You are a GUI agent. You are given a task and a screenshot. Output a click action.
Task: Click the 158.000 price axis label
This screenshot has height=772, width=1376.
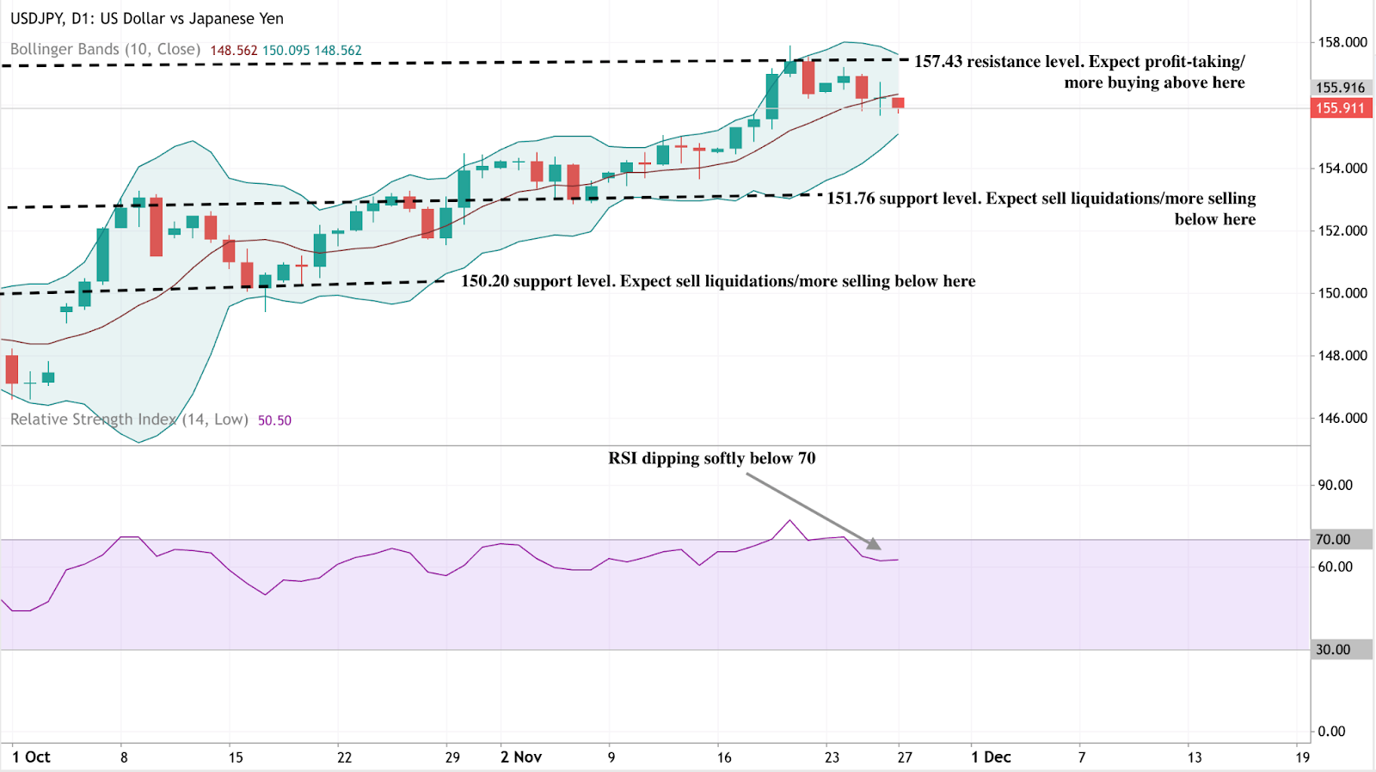pyautogui.click(x=1342, y=42)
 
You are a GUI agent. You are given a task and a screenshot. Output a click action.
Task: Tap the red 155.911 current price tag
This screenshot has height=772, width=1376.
pyautogui.click(x=1340, y=108)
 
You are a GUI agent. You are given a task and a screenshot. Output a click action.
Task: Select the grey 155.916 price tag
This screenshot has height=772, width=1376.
pyautogui.click(x=1340, y=88)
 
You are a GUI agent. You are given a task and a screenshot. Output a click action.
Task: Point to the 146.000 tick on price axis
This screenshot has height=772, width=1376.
pyautogui.click(x=1342, y=418)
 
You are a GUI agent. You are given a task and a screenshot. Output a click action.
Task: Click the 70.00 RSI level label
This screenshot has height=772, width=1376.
pyautogui.click(x=1332, y=540)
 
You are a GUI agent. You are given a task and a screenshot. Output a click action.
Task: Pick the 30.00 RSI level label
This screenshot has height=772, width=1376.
pyautogui.click(x=1332, y=650)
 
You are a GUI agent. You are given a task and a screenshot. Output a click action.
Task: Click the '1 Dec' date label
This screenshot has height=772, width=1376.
pyautogui.click(x=991, y=757)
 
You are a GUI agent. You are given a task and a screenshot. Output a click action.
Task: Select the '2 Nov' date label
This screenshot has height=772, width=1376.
pyautogui.click(x=521, y=757)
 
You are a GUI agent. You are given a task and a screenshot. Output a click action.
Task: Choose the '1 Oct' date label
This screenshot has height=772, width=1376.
pyautogui.click(x=31, y=757)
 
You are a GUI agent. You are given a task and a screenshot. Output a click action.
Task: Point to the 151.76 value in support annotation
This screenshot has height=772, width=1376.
pyautogui.click(x=851, y=199)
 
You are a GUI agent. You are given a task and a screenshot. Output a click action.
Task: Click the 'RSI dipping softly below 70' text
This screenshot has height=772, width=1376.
pyautogui.click(x=711, y=458)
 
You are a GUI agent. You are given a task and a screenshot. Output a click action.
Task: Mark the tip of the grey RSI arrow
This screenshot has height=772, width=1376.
pyautogui.click(x=879, y=548)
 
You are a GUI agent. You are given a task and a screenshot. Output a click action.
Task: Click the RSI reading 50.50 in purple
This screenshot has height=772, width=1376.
pyautogui.click(x=274, y=420)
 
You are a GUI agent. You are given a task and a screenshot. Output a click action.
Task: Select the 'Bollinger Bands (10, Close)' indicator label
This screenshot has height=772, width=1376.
pyautogui.click(x=105, y=50)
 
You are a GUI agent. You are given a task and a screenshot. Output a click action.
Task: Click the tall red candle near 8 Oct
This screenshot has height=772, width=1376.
pyautogui.click(x=156, y=227)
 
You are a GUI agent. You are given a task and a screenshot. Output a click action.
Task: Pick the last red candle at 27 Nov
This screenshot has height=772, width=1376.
pyautogui.click(x=898, y=103)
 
